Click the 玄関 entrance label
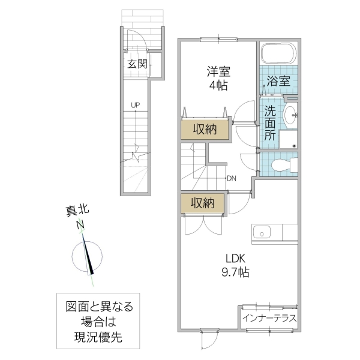click(137, 64)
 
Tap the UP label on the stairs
click(136, 106)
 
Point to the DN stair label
click(232, 178)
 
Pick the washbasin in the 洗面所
click(291, 115)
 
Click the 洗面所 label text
click(271, 123)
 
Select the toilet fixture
click(282, 165)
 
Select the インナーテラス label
click(269, 318)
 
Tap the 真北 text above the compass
click(77, 211)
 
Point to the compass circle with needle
click(89, 257)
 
